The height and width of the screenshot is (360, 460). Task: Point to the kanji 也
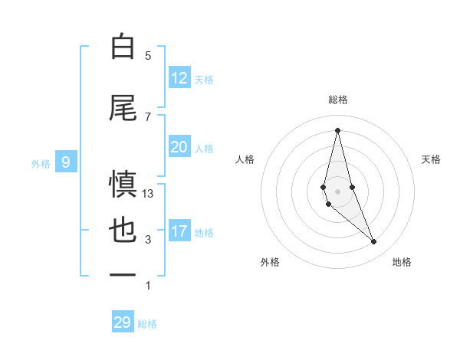[123, 232]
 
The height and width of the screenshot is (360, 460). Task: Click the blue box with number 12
[179, 78]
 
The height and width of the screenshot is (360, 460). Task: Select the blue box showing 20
[179, 147]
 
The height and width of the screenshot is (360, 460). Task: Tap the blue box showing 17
[179, 231]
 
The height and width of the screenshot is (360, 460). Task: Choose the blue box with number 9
[66, 162]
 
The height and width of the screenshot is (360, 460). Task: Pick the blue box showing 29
[123, 322]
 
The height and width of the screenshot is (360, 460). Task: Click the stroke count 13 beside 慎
[148, 194]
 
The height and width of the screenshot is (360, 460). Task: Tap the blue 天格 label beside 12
[204, 80]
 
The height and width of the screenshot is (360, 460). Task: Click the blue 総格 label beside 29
[147, 324]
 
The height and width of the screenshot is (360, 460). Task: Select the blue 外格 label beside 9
[41, 163]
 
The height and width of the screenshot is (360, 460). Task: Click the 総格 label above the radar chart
[337, 100]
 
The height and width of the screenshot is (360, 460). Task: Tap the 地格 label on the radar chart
[402, 262]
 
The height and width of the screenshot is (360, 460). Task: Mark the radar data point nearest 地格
[374, 242]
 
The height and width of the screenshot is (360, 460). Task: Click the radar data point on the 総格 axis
[337, 130]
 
